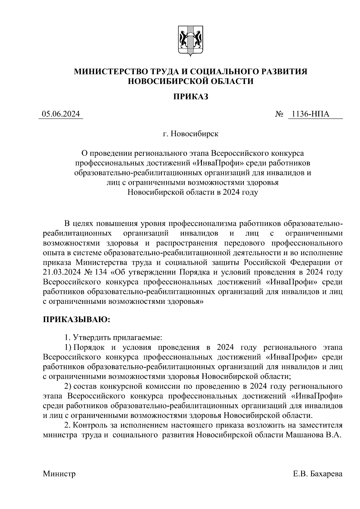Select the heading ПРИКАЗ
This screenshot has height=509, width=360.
pos(190,97)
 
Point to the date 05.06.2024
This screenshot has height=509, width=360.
pos(61,114)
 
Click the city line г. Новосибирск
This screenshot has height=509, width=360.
pos(190,134)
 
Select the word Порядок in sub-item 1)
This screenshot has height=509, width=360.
pos(89,347)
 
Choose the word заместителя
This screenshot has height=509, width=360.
pos(319,425)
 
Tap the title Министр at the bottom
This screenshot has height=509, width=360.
pos(59,474)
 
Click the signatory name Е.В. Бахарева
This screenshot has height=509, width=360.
pos(317,474)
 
